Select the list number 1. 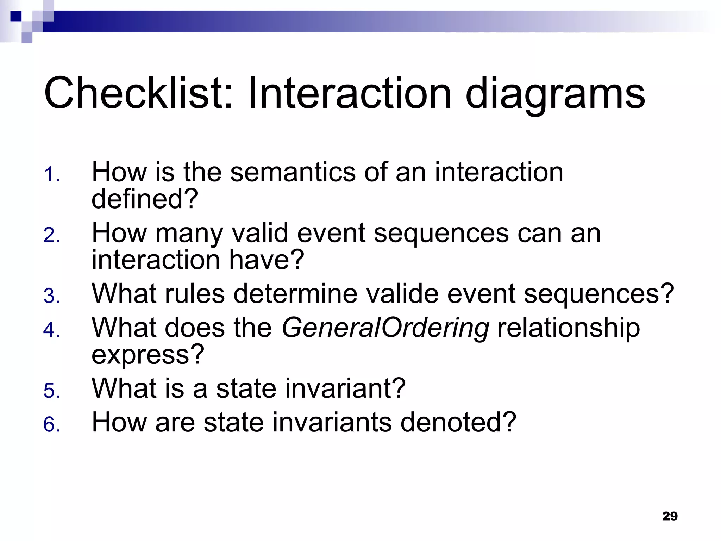(x=51, y=175)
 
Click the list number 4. (x=51, y=330)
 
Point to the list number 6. (x=51, y=424)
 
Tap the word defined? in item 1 (x=145, y=199)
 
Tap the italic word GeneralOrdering (x=385, y=328)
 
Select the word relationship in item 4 (x=568, y=328)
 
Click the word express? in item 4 (x=148, y=355)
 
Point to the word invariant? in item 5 (x=345, y=388)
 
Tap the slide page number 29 (x=670, y=516)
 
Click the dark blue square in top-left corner (x=16, y=16)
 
